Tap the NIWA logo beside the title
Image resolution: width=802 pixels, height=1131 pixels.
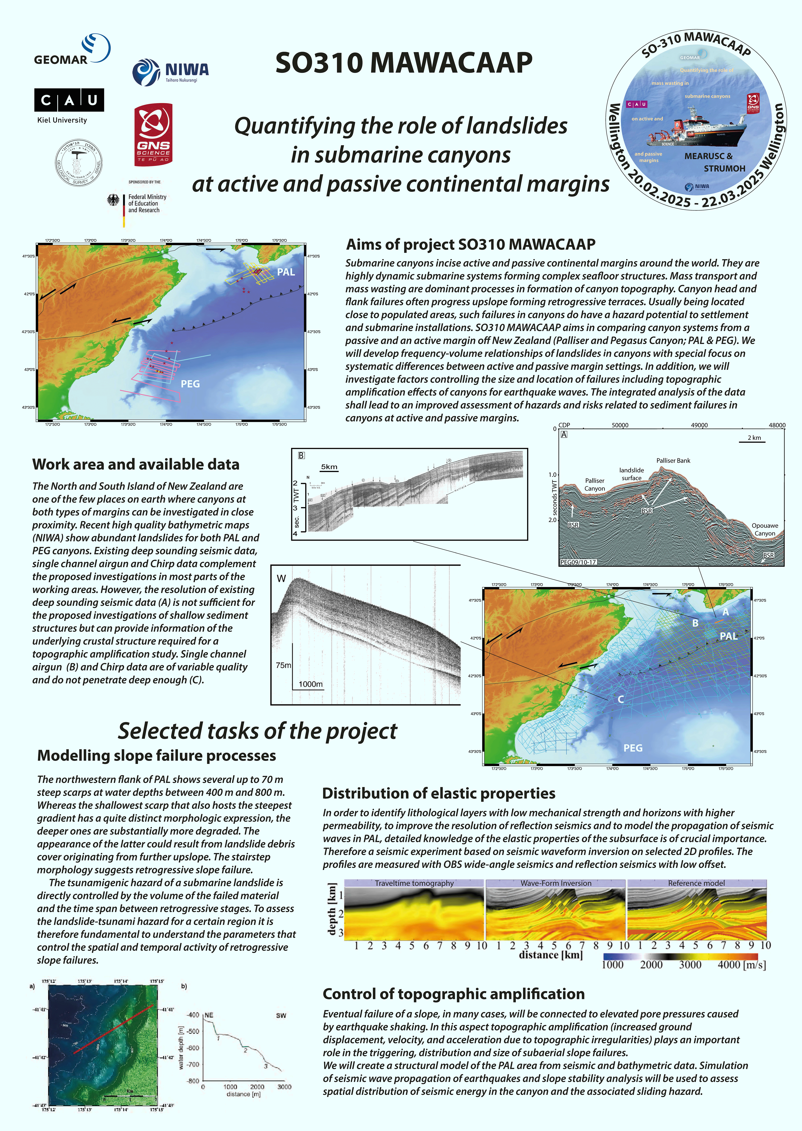(x=170, y=72)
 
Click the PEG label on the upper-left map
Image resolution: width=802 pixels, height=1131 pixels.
(x=190, y=384)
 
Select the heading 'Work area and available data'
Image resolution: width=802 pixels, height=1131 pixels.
(x=136, y=465)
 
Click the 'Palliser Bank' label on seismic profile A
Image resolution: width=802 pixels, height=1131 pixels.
(x=673, y=461)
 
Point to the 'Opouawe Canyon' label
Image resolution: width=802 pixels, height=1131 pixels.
(x=764, y=529)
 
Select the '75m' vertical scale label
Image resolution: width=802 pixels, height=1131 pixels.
(x=284, y=665)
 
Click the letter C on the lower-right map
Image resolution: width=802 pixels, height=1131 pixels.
(x=621, y=700)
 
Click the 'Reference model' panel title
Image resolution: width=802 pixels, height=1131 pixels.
(x=696, y=883)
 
